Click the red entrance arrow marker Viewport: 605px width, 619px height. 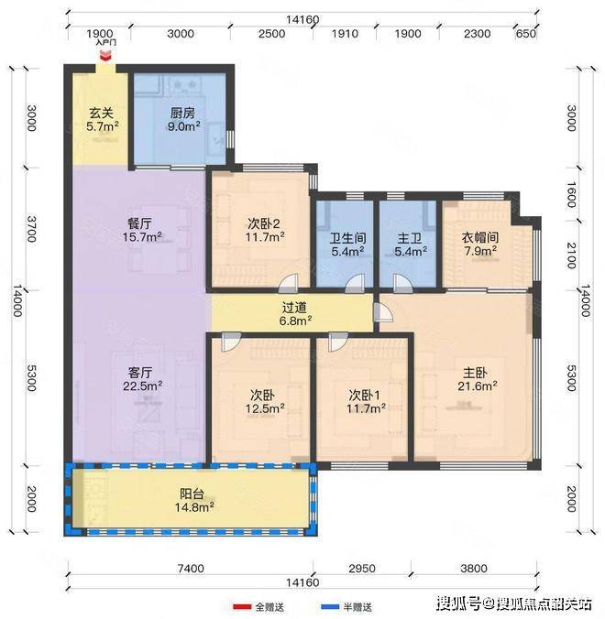[105, 57]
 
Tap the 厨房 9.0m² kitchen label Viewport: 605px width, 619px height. [183, 120]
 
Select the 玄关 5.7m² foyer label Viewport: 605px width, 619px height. [103, 120]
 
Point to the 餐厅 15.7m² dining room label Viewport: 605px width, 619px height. [142, 230]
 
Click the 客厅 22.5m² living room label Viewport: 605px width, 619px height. [142, 379]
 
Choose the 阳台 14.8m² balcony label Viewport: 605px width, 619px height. [194, 500]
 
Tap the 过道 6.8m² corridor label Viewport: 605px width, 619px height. [295, 314]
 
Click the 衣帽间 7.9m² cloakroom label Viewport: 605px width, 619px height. [480, 244]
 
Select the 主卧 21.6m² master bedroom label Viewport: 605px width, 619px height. [477, 379]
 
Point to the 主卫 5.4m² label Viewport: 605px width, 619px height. [410, 244]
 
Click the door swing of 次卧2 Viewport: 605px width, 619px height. [287, 284]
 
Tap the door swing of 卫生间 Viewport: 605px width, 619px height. [355, 284]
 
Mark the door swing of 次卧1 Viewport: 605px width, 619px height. [338, 342]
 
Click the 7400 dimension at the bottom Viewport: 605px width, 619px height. [191, 569]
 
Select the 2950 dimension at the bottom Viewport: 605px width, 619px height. [361, 569]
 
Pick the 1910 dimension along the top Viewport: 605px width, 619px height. [345, 34]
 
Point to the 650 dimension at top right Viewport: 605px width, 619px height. [525, 34]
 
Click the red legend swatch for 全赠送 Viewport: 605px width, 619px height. [242, 606]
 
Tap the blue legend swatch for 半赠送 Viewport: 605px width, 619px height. [330, 606]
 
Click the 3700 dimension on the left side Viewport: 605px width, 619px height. [31, 229]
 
